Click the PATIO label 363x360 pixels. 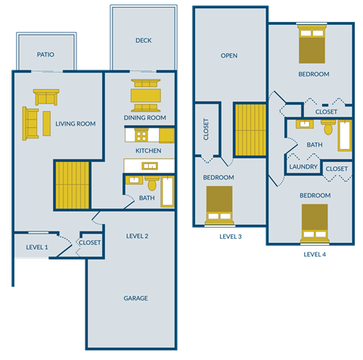(x=45, y=55)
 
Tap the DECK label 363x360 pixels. (x=144, y=41)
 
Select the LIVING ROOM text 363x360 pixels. (x=75, y=123)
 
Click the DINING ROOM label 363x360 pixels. (x=144, y=118)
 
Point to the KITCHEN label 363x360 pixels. (x=148, y=151)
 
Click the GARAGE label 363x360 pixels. (x=135, y=298)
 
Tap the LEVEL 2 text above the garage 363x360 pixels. (x=136, y=236)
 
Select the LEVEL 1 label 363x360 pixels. (x=36, y=247)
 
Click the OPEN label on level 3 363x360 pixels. (x=229, y=56)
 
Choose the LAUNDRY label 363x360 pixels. (x=302, y=168)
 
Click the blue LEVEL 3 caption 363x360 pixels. (x=230, y=237)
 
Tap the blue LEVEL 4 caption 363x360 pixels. (x=314, y=255)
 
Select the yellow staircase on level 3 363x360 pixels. (x=250, y=130)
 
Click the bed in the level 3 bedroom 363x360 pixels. (x=219, y=206)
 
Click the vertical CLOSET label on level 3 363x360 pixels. (x=206, y=132)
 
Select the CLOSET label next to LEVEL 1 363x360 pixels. (x=90, y=243)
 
